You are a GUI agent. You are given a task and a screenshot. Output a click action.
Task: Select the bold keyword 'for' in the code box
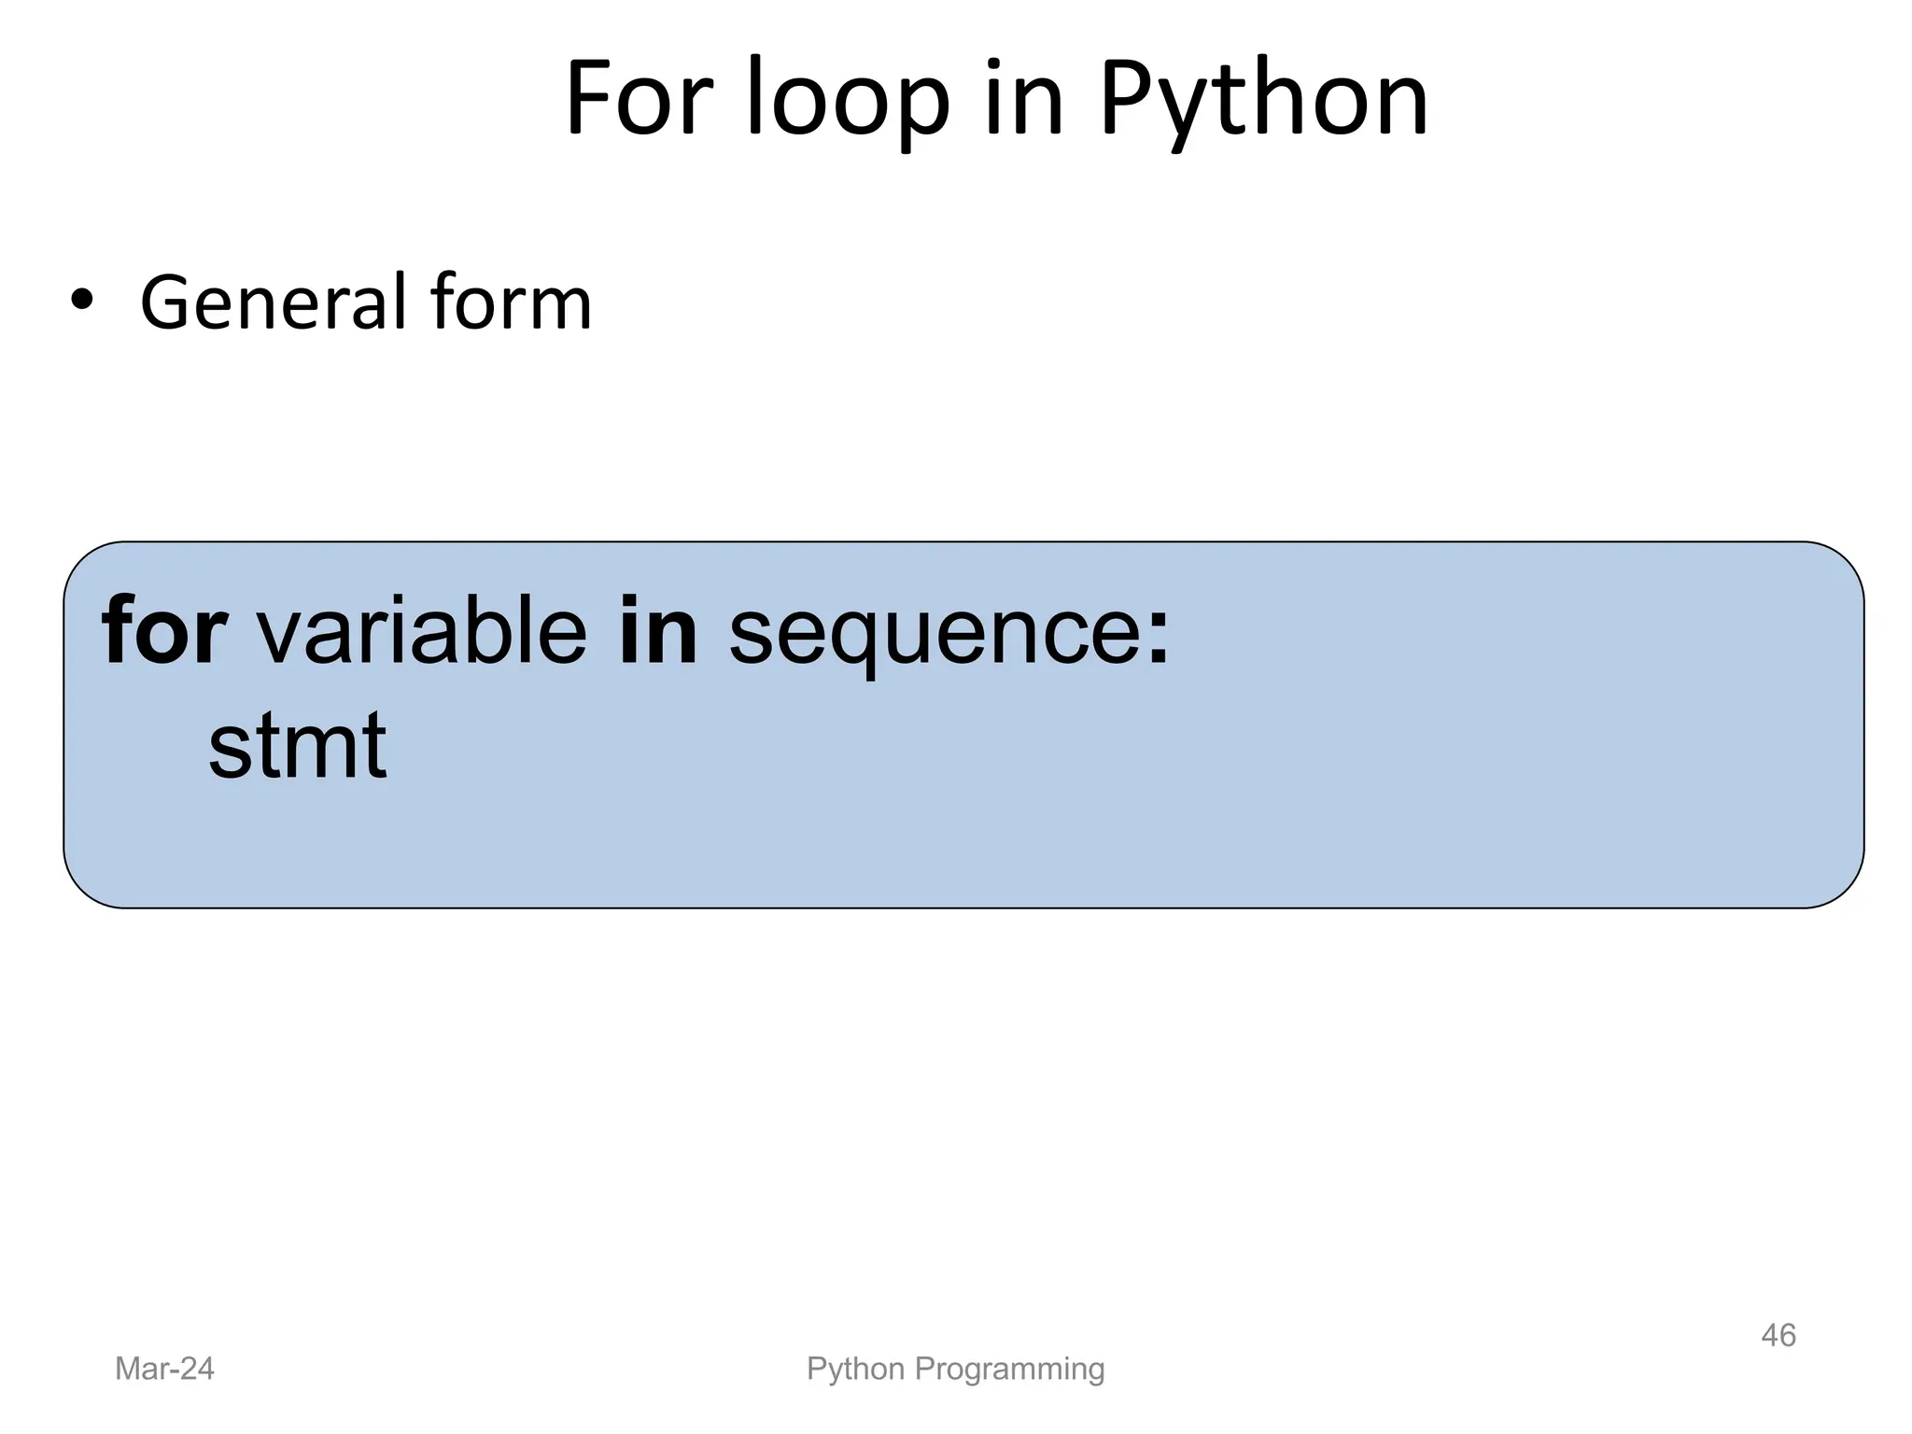164,632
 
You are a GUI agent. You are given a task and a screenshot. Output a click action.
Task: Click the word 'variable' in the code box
422,632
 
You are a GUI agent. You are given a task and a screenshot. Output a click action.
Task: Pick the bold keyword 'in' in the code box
658,632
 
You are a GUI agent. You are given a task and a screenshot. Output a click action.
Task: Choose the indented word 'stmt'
297,746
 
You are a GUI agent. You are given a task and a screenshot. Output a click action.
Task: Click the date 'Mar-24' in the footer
164,1369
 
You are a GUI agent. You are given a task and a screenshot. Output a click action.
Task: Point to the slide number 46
1778,1335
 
